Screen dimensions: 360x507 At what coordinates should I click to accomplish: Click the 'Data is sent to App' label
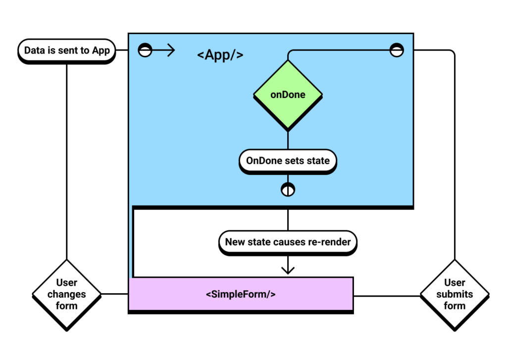pos(67,51)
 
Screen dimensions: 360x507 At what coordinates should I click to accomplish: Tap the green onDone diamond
pos(288,95)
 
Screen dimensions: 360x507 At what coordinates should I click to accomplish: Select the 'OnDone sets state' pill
pos(288,161)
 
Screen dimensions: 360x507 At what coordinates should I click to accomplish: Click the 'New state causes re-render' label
pos(288,242)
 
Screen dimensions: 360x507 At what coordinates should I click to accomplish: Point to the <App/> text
pos(220,54)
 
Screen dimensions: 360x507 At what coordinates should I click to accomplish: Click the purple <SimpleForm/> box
pos(241,294)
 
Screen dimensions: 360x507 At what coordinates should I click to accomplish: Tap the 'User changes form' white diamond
pos(67,294)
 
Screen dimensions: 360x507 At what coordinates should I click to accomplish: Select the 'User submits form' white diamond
pos(455,294)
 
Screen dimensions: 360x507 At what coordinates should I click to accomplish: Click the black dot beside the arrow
pos(145,50)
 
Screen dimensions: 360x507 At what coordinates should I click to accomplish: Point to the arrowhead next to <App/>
pos(171,50)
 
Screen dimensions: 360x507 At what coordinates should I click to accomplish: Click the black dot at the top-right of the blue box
pos(397,50)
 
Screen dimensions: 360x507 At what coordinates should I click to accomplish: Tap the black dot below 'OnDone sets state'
pos(288,189)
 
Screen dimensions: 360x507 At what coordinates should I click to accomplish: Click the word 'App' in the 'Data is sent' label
pos(101,51)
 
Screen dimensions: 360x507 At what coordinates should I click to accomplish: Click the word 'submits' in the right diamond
pos(455,294)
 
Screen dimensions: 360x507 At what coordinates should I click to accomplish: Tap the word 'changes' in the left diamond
pos(67,294)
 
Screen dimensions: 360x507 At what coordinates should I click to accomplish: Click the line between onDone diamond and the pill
pos(288,140)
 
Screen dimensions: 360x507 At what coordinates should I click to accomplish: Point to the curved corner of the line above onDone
pos(290,52)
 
